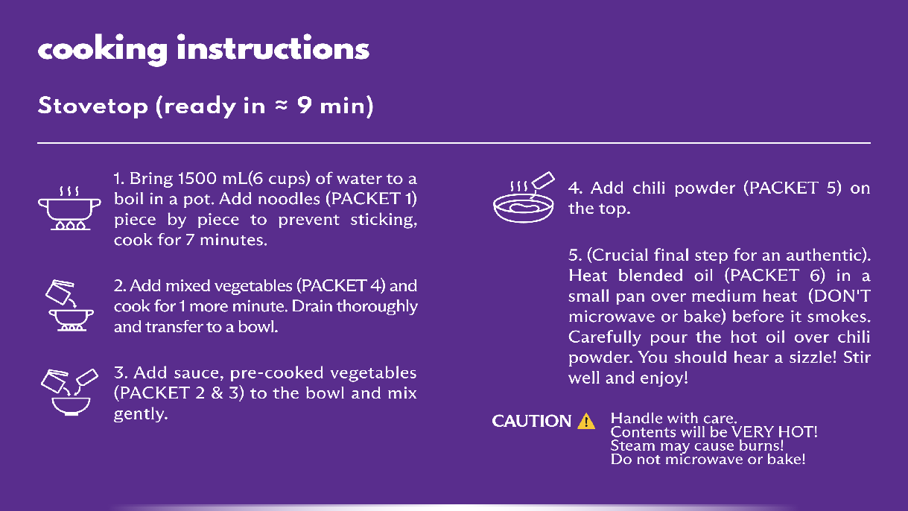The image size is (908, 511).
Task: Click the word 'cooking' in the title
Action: pyautogui.click(x=103, y=50)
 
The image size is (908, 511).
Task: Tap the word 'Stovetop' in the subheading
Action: pyautogui.click(x=93, y=106)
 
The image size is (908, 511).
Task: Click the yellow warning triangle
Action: pyautogui.click(x=586, y=421)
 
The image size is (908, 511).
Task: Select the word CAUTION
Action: pyautogui.click(x=531, y=421)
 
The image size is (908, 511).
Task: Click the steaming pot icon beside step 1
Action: pyautogui.click(x=70, y=209)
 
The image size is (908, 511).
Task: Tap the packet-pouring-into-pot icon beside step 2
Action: pyautogui.click(x=69, y=305)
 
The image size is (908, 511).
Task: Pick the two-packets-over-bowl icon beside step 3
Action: pyautogui.click(x=69, y=393)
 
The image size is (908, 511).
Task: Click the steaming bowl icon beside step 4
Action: pyautogui.click(x=524, y=197)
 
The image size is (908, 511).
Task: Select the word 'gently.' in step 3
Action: pyautogui.click(x=141, y=414)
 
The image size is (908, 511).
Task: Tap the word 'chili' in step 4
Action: pyautogui.click(x=648, y=188)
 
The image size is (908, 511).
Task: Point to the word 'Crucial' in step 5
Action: pyautogui.click(x=617, y=256)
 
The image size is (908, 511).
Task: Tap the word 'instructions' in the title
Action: pyautogui.click(x=273, y=48)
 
